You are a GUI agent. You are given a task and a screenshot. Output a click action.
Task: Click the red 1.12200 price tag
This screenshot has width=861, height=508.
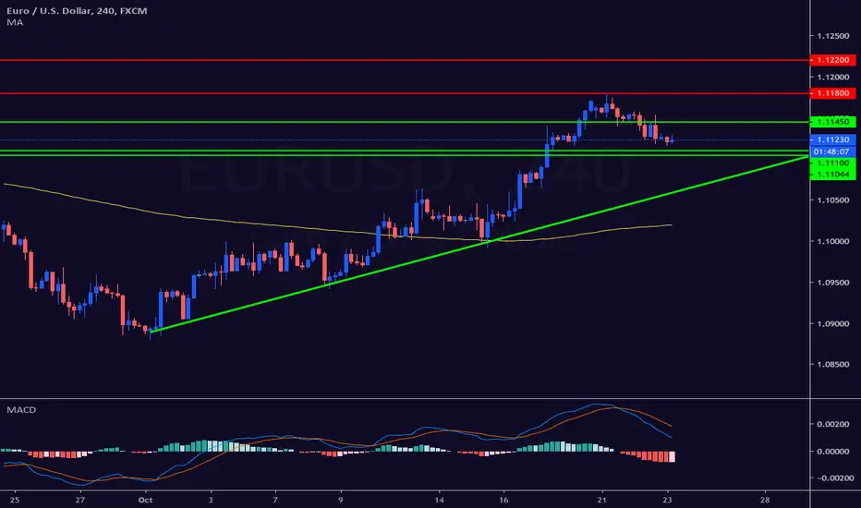tap(833, 60)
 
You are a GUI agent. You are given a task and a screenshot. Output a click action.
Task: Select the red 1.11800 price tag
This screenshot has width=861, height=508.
tap(833, 93)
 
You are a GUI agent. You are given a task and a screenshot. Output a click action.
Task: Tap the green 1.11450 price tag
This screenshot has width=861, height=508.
tap(833, 122)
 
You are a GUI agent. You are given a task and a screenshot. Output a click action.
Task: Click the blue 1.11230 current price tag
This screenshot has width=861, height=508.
tap(833, 140)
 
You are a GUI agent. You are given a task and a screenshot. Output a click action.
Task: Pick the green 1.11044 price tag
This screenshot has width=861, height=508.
tap(833, 175)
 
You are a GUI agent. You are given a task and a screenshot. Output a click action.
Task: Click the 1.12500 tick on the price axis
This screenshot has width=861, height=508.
tap(833, 36)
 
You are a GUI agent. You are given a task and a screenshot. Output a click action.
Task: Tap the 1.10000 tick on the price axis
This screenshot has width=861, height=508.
tap(833, 241)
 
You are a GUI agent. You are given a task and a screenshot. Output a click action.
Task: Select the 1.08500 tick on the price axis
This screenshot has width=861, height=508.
tap(833, 364)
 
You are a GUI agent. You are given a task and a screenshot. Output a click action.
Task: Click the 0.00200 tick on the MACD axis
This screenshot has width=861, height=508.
tap(833, 424)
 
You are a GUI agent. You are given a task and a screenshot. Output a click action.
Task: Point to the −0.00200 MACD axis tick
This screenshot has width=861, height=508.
tap(833, 478)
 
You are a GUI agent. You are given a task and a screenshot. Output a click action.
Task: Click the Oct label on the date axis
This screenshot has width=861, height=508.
tap(146, 500)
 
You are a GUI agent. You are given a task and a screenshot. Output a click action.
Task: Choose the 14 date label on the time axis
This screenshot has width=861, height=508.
tap(440, 500)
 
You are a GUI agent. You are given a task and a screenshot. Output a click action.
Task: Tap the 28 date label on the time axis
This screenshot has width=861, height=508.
tap(765, 500)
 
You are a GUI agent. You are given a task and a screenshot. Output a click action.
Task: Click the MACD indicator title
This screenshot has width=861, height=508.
tap(21, 410)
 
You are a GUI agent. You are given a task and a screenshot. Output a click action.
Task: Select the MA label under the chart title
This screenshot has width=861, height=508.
tap(15, 22)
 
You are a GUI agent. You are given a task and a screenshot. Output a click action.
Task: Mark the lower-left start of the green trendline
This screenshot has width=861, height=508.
tap(150, 332)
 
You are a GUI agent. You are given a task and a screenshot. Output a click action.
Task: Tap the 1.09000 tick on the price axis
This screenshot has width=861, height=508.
tap(833, 323)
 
